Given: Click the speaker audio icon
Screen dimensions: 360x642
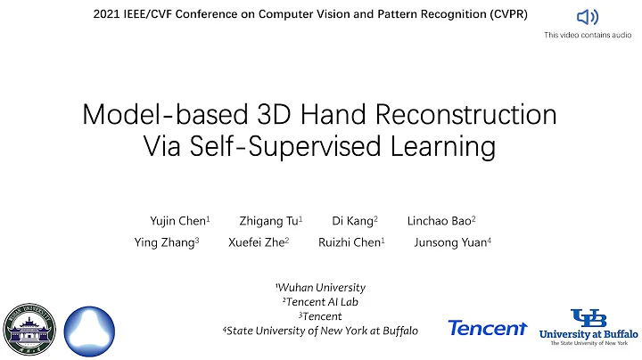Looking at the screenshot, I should click(x=588, y=17).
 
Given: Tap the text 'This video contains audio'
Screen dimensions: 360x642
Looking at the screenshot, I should click(x=588, y=36).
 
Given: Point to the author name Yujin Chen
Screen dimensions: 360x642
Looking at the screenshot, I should click(x=179, y=219).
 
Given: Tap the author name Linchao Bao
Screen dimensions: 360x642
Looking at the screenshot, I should click(x=441, y=219).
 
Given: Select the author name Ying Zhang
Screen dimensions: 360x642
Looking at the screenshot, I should click(x=166, y=241).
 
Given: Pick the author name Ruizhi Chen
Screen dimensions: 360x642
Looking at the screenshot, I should click(x=351, y=241).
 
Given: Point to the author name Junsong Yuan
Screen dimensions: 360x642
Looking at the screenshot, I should click(x=453, y=241).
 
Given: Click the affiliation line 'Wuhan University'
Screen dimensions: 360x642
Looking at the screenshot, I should click(x=321, y=288).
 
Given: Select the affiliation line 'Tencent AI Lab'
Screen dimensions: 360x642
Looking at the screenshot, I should click(x=320, y=302).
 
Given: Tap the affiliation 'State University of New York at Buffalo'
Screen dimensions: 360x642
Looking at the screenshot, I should click(x=320, y=331).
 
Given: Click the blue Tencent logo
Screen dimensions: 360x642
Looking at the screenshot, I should click(x=488, y=329).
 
